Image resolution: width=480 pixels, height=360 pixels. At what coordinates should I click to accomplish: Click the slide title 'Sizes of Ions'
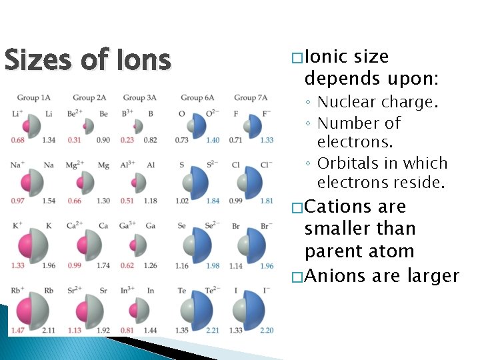pos(87,61)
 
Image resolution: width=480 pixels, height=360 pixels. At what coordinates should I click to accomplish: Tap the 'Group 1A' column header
pos(32,98)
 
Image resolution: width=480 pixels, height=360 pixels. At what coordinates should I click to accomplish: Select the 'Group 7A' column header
pos(250,98)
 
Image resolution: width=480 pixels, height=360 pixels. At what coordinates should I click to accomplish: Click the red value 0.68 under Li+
pos(19,139)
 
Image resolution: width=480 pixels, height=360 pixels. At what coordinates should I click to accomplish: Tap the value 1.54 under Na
pos(49,201)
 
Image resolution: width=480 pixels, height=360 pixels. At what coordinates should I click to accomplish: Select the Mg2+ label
pos(75,165)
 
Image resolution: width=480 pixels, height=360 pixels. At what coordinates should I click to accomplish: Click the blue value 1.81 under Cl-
pos(267,201)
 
